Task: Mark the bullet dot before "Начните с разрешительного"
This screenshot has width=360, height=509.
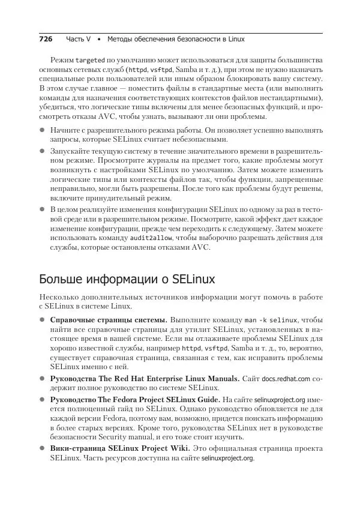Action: point(42,130)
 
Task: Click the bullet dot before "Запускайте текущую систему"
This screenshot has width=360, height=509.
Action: point(42,153)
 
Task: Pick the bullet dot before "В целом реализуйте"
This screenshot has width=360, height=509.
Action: point(42,209)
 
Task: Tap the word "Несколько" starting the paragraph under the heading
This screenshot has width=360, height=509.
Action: point(58,297)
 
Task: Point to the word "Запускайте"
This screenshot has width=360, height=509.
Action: point(71,153)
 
